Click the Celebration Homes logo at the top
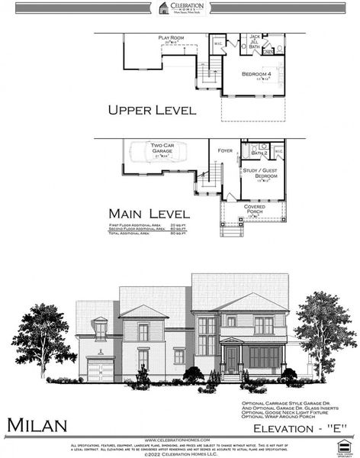point(180,8)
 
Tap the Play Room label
point(172,38)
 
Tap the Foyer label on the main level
point(224,151)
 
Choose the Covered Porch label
point(255,209)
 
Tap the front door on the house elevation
point(231,360)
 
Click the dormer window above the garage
point(100,330)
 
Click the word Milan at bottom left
point(38,424)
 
